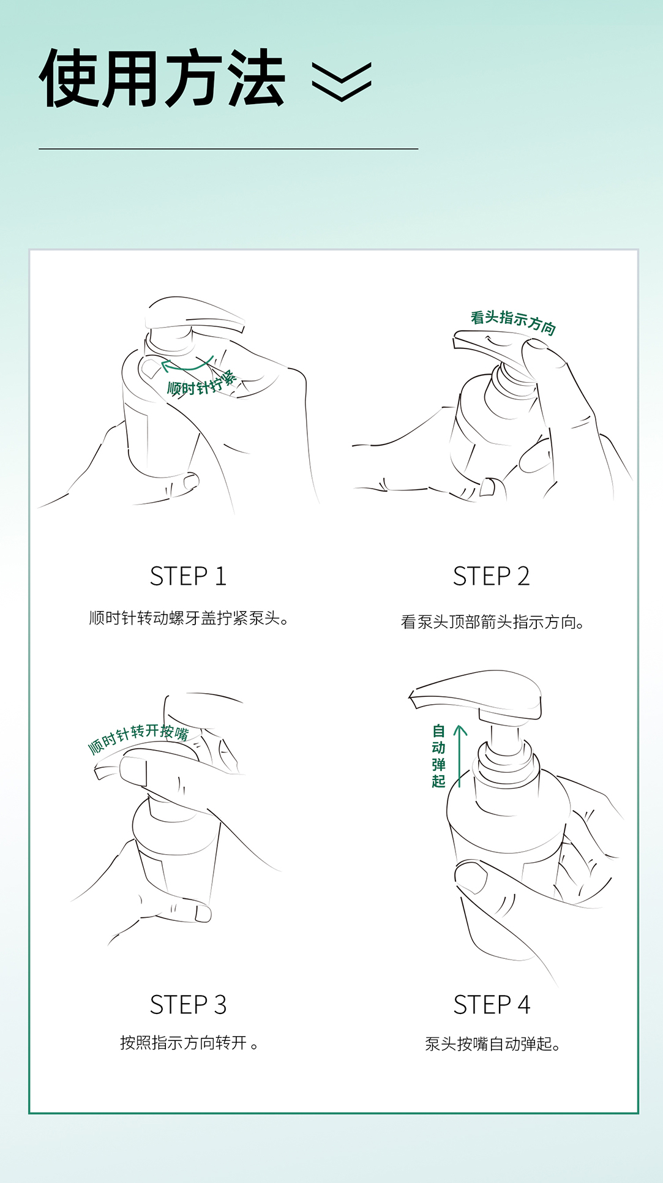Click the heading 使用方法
click(x=162, y=78)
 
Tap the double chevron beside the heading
click(x=342, y=81)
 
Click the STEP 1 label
click(x=189, y=576)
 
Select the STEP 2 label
click(x=492, y=576)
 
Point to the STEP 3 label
click(x=189, y=1005)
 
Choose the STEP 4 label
click(x=492, y=1005)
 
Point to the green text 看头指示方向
click(x=513, y=323)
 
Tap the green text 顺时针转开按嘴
click(x=138, y=737)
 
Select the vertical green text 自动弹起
click(x=438, y=756)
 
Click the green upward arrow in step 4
click(x=460, y=756)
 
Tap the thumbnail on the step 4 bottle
click(x=472, y=877)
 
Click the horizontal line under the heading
click(x=228, y=149)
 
